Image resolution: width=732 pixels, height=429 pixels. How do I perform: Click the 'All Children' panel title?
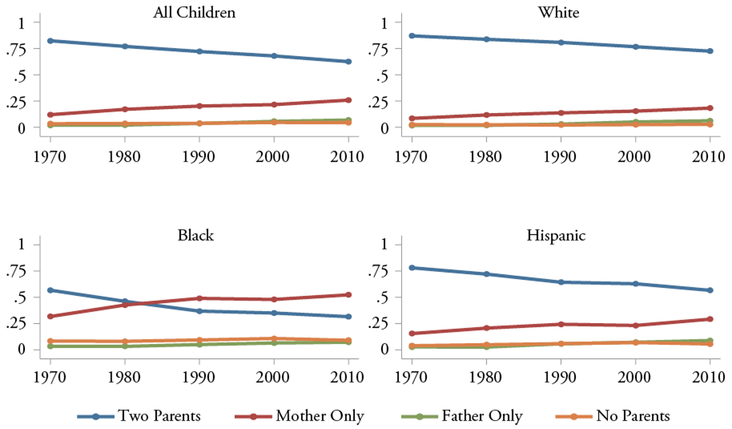coord(194,12)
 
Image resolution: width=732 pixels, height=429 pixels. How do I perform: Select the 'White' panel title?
coord(558,12)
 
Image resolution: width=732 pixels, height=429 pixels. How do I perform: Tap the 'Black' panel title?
coord(195,235)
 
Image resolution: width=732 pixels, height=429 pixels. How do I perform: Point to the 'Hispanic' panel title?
coord(556,235)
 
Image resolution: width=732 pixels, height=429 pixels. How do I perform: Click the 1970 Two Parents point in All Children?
coord(50,41)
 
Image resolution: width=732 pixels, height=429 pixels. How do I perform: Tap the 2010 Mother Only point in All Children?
coord(349,100)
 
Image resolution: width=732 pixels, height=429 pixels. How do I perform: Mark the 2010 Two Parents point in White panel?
coord(710,51)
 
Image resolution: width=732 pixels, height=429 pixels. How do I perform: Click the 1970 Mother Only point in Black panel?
coord(50,316)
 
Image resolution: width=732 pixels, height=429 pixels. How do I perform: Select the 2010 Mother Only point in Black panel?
coord(349,295)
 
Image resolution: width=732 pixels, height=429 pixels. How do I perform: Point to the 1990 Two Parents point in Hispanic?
coord(561,282)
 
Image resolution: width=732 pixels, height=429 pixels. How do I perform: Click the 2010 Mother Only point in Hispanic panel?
coord(710,319)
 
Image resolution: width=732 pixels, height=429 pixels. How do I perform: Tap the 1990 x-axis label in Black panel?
coord(199,377)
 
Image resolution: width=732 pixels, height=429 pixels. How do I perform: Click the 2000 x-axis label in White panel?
coord(634,157)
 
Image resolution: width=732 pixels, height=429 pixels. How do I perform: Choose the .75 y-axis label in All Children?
coord(16,49)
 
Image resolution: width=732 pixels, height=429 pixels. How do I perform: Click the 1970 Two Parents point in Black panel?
coord(50,290)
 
